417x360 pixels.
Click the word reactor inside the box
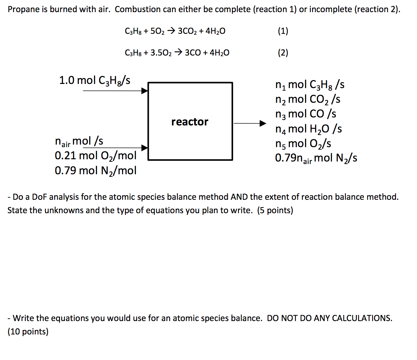190,122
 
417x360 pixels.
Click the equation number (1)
283,31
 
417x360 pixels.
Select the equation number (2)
283,53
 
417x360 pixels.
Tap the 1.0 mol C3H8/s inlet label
95,80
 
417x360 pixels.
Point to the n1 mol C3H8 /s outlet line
310,85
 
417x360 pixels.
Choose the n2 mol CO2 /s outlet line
308,99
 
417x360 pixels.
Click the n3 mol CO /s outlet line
305,114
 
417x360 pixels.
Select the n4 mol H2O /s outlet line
308,129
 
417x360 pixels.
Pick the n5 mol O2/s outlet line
303,144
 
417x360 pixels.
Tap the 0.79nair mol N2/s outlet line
316,158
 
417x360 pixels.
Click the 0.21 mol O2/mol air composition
95,156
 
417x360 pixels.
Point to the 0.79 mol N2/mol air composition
95,171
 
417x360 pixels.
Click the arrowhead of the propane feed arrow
145,91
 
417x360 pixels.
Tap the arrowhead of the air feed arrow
145,148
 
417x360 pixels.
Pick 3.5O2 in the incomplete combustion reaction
161,53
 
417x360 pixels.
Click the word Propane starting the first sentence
22,10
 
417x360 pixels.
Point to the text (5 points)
275,210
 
